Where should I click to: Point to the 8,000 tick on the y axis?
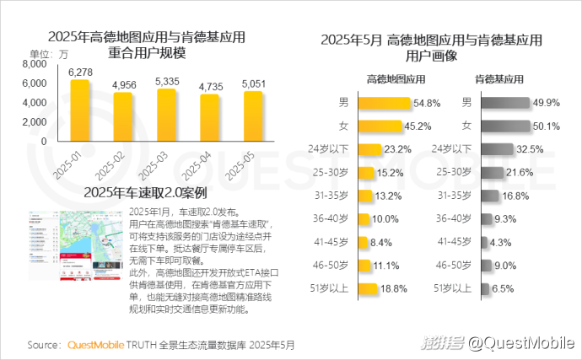[35, 64]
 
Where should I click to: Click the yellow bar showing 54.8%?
[385, 104]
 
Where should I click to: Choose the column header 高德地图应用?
[395, 78]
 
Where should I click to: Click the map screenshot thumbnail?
[75, 245]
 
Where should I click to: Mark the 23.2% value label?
[397, 149]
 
